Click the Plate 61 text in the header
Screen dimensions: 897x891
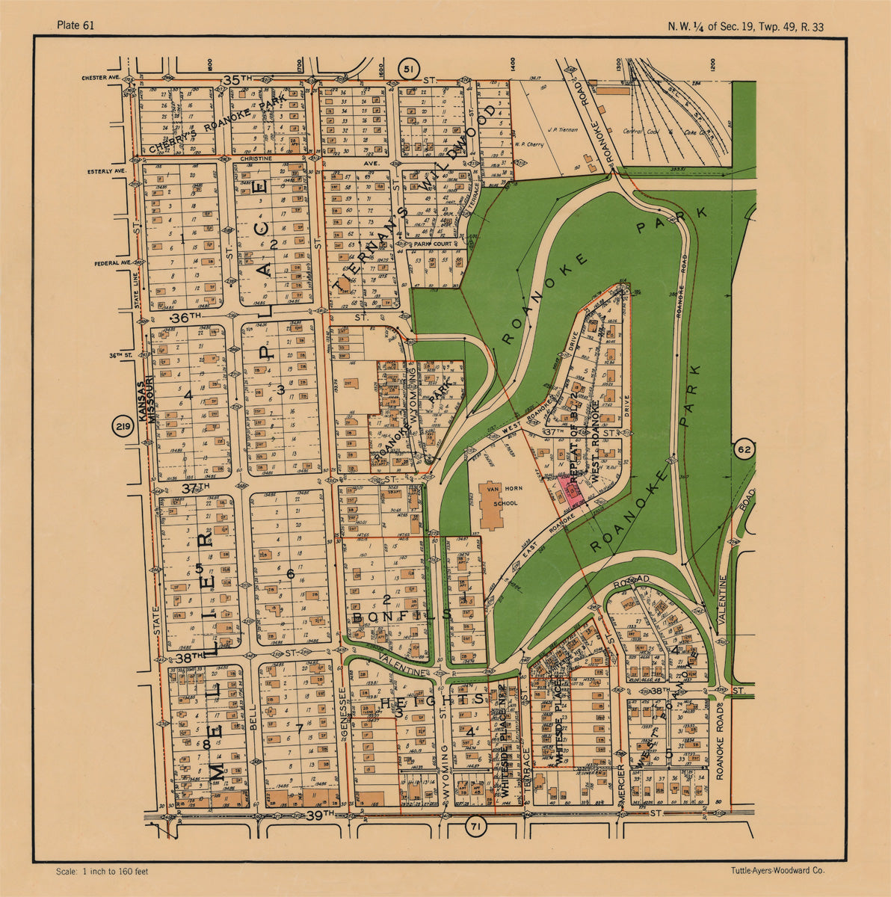(x=75, y=26)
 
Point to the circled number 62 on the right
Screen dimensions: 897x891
(x=744, y=449)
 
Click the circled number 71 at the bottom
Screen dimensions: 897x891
(x=474, y=827)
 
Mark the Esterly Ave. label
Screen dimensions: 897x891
(x=104, y=171)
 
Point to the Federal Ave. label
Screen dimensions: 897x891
(x=112, y=263)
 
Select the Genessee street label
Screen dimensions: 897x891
(x=342, y=710)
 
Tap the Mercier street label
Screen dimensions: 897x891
(x=622, y=785)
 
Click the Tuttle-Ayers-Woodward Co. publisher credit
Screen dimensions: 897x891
(x=777, y=872)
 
